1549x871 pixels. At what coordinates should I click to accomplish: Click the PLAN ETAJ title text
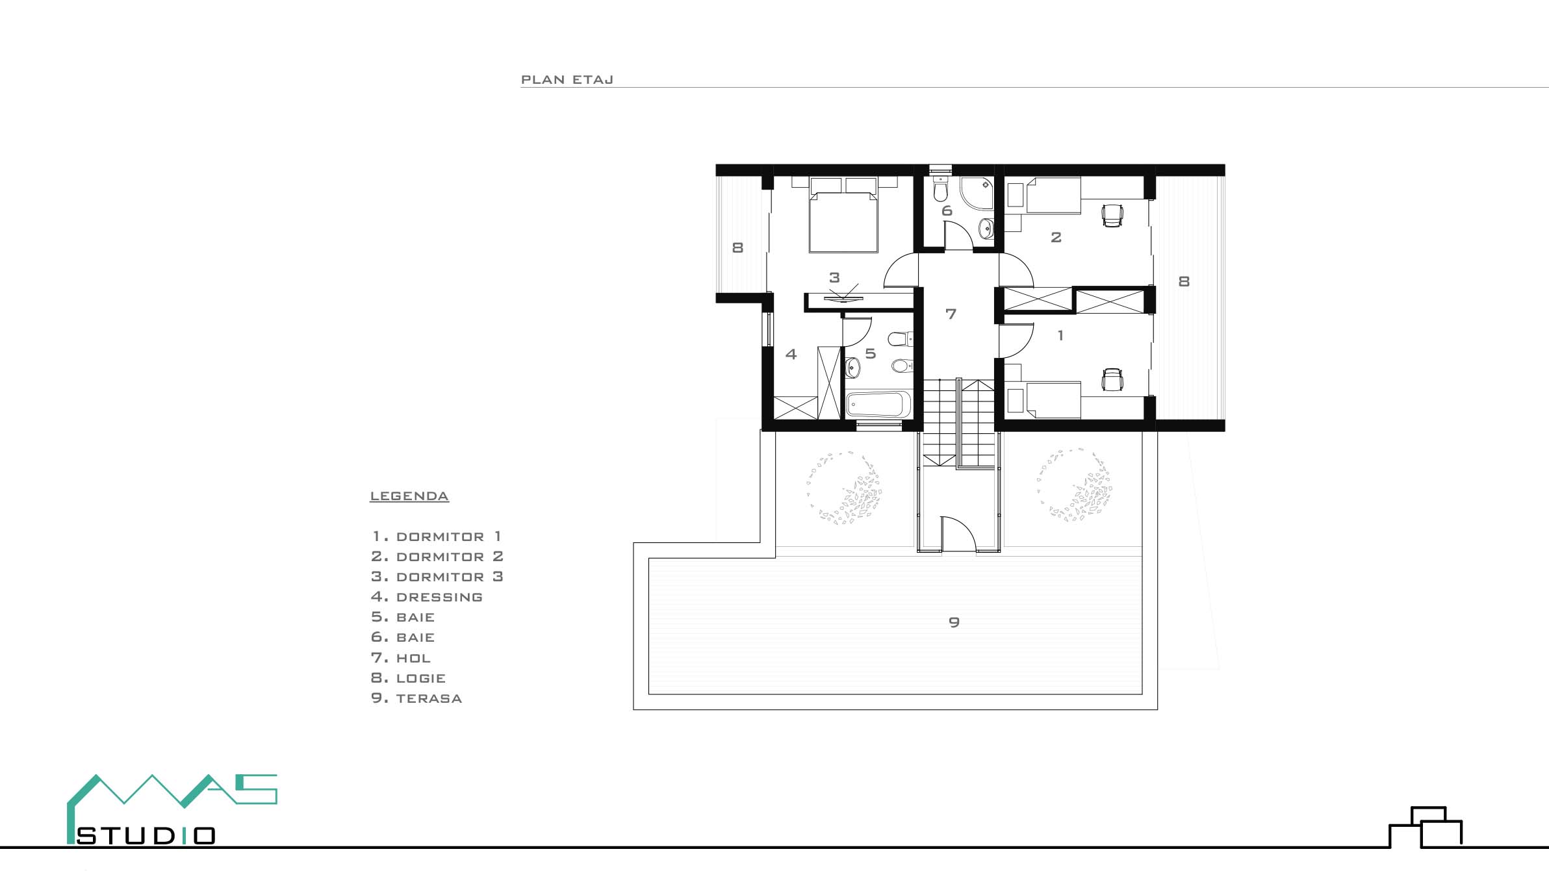tap(567, 80)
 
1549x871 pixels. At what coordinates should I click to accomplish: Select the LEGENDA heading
tap(409, 496)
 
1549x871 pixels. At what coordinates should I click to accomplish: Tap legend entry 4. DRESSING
tap(427, 597)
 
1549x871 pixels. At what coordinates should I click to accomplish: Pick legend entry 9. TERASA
tap(416, 698)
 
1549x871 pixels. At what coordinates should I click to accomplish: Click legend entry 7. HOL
tap(401, 658)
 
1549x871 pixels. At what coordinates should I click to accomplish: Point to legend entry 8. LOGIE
tap(409, 678)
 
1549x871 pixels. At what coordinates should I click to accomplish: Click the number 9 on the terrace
tap(954, 622)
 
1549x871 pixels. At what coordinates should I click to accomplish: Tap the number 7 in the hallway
tap(951, 314)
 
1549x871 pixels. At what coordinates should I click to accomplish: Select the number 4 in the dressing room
tap(791, 354)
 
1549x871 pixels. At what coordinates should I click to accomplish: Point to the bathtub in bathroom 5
tap(878, 405)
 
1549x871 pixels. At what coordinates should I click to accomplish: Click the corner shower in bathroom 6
tap(977, 193)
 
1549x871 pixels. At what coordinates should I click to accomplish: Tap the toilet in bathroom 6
tap(940, 188)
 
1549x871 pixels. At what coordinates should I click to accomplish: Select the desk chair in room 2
tap(1112, 215)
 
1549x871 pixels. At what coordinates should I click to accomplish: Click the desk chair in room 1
tap(1112, 380)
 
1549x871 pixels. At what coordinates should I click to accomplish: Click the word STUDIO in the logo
tap(146, 836)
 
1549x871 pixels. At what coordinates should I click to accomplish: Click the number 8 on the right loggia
tap(1184, 281)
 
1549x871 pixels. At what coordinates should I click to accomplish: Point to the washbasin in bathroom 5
tap(853, 368)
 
